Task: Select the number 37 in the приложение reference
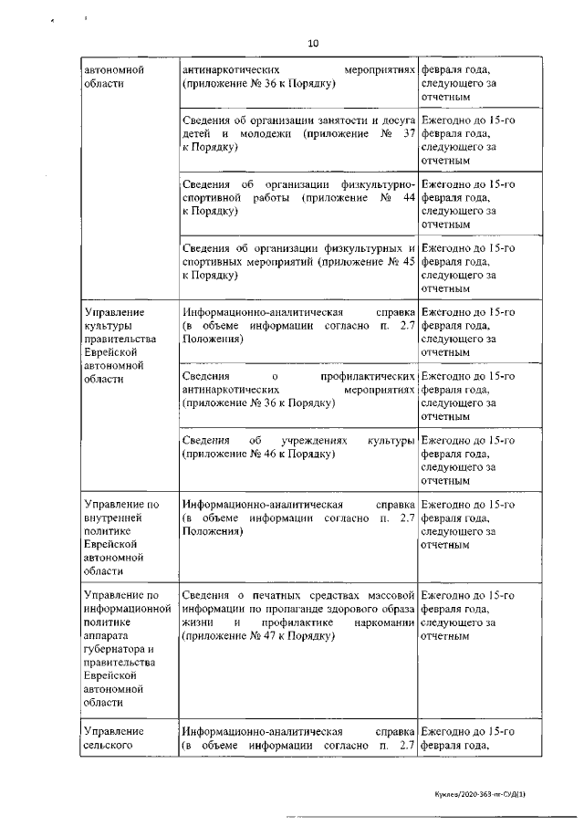pyautogui.click(x=408, y=133)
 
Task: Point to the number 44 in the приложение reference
pyautogui.click(x=408, y=197)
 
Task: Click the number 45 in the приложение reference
pyautogui.click(x=408, y=261)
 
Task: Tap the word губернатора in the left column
pyautogui.click(x=117, y=650)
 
